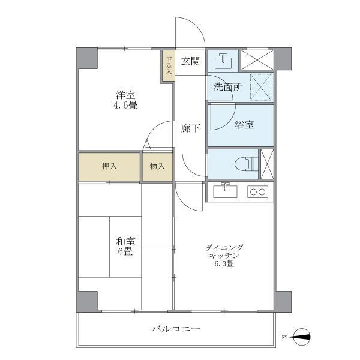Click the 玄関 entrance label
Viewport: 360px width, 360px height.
pos(190,61)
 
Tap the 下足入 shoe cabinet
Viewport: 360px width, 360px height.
pos(169,65)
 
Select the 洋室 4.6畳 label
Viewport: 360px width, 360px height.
pos(125,100)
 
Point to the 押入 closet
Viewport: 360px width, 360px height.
pos(109,166)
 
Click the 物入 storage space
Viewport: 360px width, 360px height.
pos(157,166)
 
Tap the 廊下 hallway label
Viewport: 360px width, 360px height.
pos(190,128)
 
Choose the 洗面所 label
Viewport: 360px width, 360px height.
pos(228,87)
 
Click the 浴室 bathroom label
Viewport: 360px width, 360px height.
pos(244,125)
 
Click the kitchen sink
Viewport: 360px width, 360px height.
pos(225,191)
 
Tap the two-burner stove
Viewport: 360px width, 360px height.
pos(257,192)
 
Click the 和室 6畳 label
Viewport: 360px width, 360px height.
pos(125,247)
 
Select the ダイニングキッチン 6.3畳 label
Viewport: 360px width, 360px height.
pos(224,256)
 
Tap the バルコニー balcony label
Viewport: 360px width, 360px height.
pos(176,329)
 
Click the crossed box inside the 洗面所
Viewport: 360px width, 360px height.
pos(261,87)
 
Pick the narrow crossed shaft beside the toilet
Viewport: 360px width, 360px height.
pos(267,164)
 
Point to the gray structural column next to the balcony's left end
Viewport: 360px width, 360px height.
pos(87,302)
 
